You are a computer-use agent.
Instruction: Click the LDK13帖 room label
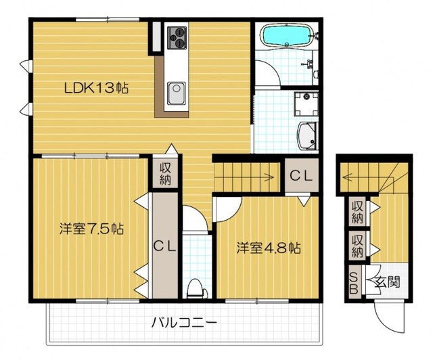pos(97,88)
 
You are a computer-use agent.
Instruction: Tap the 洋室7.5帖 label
pos(91,229)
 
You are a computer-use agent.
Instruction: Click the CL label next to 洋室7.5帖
pos(164,247)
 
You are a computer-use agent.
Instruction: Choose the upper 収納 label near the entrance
pos(357,212)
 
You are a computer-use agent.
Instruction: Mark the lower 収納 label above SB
pos(357,246)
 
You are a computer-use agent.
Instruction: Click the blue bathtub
pos(286,35)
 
